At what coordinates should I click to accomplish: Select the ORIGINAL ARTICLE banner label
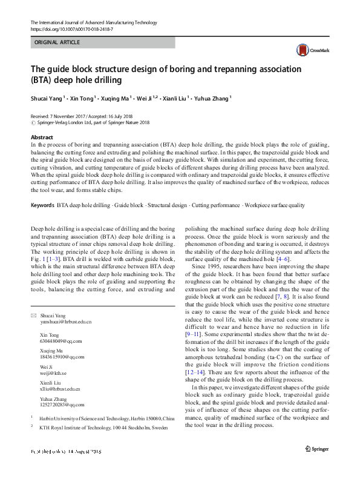pyautogui.click(x=57, y=43)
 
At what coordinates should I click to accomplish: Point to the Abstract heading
pyautogui.click(x=42, y=137)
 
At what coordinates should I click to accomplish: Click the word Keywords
pyautogui.click(x=42, y=205)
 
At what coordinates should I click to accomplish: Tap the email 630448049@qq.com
pyautogui.click(x=59, y=341)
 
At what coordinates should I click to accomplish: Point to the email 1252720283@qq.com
pyautogui.click(x=62, y=405)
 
